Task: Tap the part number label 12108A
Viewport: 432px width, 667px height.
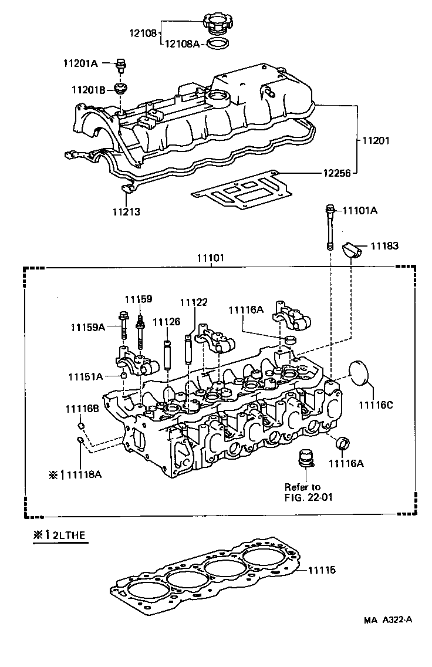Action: pos(181,44)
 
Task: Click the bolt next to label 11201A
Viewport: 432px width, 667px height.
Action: pos(122,63)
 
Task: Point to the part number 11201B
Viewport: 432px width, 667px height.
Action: pos(88,89)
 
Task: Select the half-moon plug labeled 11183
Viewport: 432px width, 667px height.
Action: pos(353,250)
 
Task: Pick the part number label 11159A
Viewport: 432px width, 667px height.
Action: pos(87,326)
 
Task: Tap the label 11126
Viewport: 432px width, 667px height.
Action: pos(166,322)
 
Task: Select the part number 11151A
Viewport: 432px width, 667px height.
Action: pos(85,376)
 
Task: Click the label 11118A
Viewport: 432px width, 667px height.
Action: pos(83,474)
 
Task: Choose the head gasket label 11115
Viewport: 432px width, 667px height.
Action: pos(322,570)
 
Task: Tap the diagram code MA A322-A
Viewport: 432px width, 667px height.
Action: pos(388,620)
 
